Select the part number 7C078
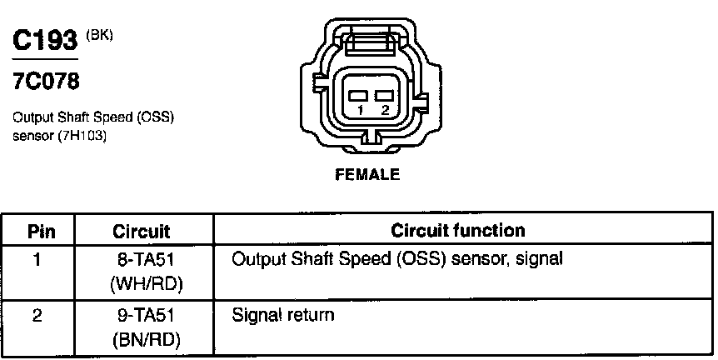click(46, 82)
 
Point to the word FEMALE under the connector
click(366, 175)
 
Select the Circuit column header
click(141, 231)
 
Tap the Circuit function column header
click(457, 230)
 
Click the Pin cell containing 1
click(37, 259)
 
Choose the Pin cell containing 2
click(37, 316)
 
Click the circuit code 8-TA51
click(144, 259)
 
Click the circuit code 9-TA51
click(144, 316)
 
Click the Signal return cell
click(282, 316)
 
